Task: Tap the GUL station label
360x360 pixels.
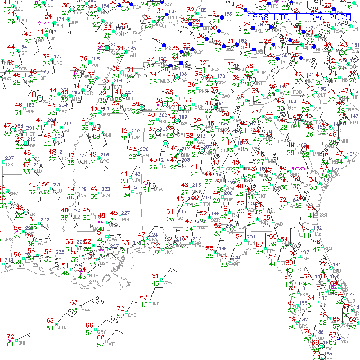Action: tap(22, 344)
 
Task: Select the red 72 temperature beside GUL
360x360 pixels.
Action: tap(10, 337)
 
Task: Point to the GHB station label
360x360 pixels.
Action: tap(61, 327)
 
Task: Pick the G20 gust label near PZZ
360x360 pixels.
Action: tap(99, 300)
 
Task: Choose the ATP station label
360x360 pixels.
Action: tap(112, 344)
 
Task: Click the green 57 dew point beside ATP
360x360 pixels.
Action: tap(101, 345)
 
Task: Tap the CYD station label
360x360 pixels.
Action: tap(132, 314)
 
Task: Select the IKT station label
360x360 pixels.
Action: tap(155, 304)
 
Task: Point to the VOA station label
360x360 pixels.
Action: tap(167, 283)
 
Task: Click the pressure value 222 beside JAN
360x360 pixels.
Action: tap(106, 189)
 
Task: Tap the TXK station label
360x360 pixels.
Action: tap(8, 165)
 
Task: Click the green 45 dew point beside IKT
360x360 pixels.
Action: tap(144, 304)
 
